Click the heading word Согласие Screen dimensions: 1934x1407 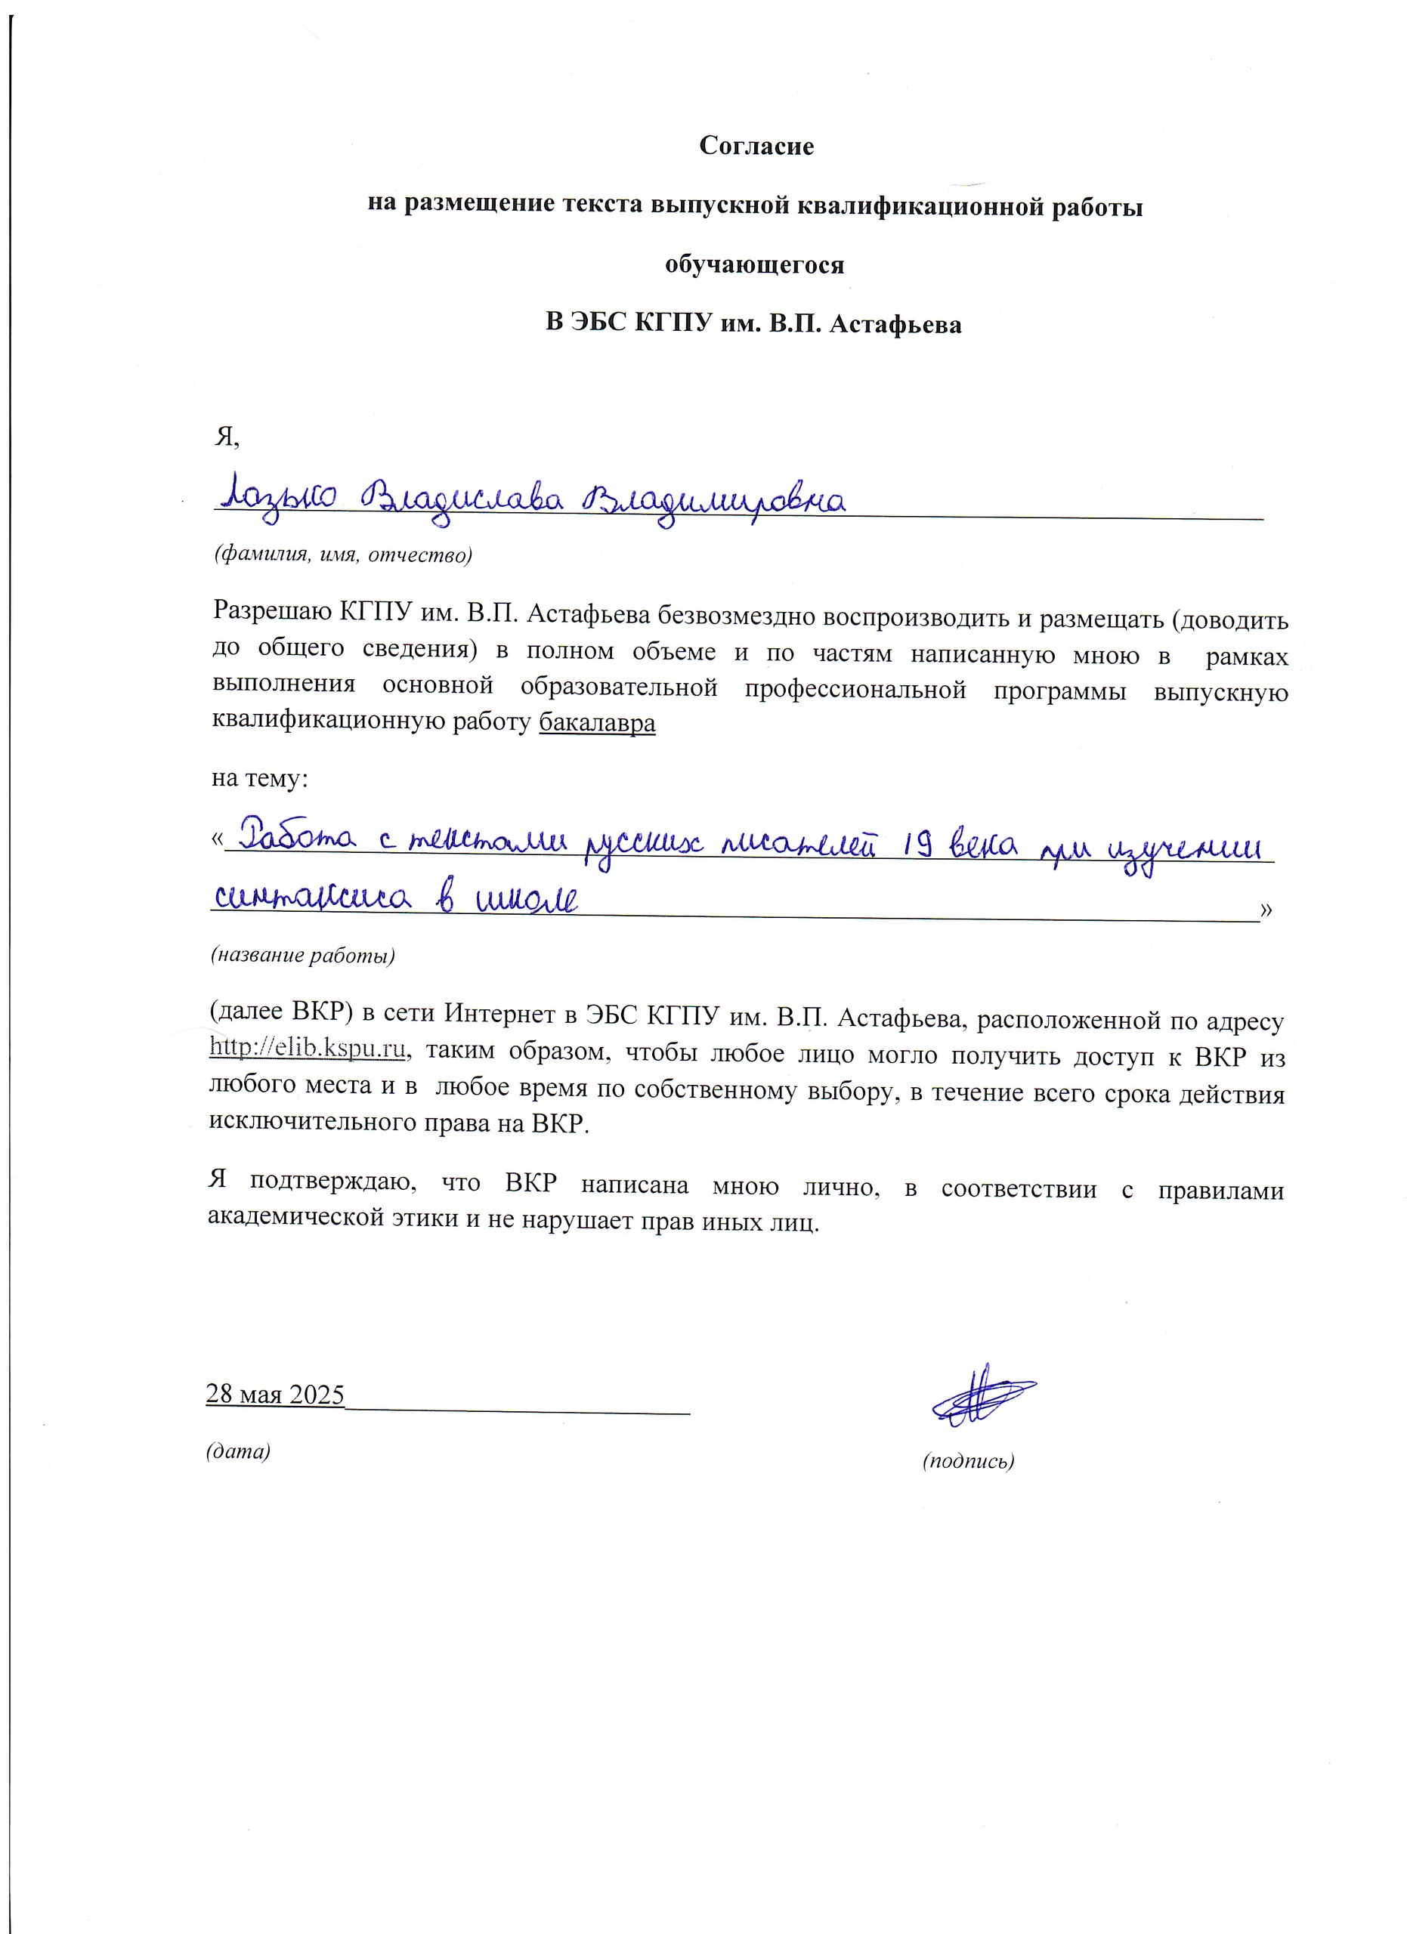coord(756,146)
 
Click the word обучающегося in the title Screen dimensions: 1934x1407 coord(755,264)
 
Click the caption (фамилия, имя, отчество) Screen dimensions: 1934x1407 coord(343,555)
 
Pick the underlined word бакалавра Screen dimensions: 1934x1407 coord(597,723)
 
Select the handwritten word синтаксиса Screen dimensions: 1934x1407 coord(311,899)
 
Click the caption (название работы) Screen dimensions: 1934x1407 coord(303,955)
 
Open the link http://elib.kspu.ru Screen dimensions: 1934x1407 coord(307,1048)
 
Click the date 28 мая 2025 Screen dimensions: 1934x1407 coord(274,1395)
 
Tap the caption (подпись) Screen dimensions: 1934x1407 coord(968,1461)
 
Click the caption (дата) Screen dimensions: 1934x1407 coord(238,1450)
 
